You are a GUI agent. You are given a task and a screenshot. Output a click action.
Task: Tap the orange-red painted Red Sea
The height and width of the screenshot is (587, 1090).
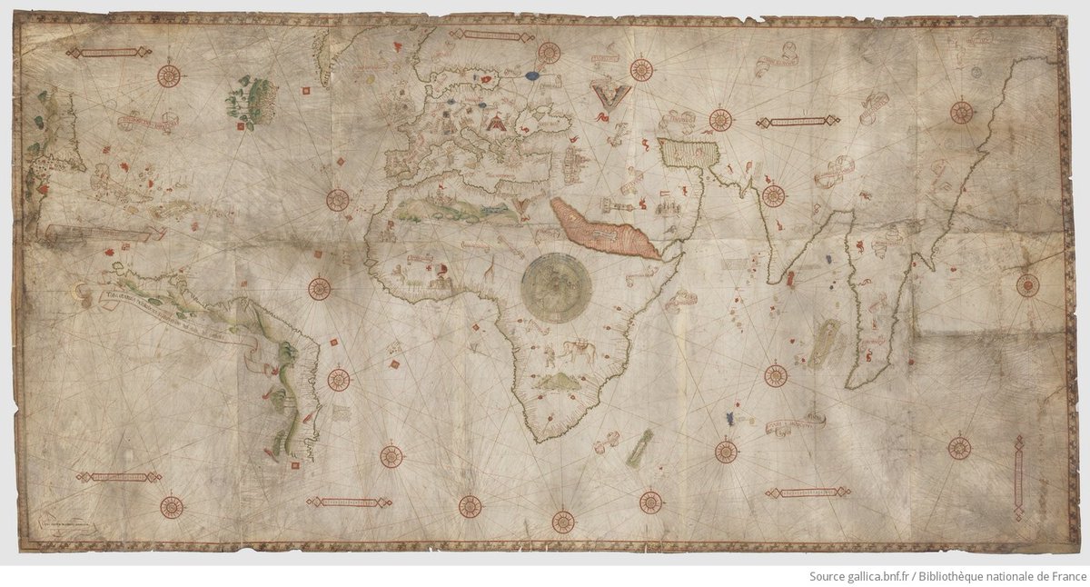pyautogui.click(x=605, y=229)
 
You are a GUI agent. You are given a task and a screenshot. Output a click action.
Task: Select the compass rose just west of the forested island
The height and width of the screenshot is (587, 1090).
pyautogui.click(x=169, y=75)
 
